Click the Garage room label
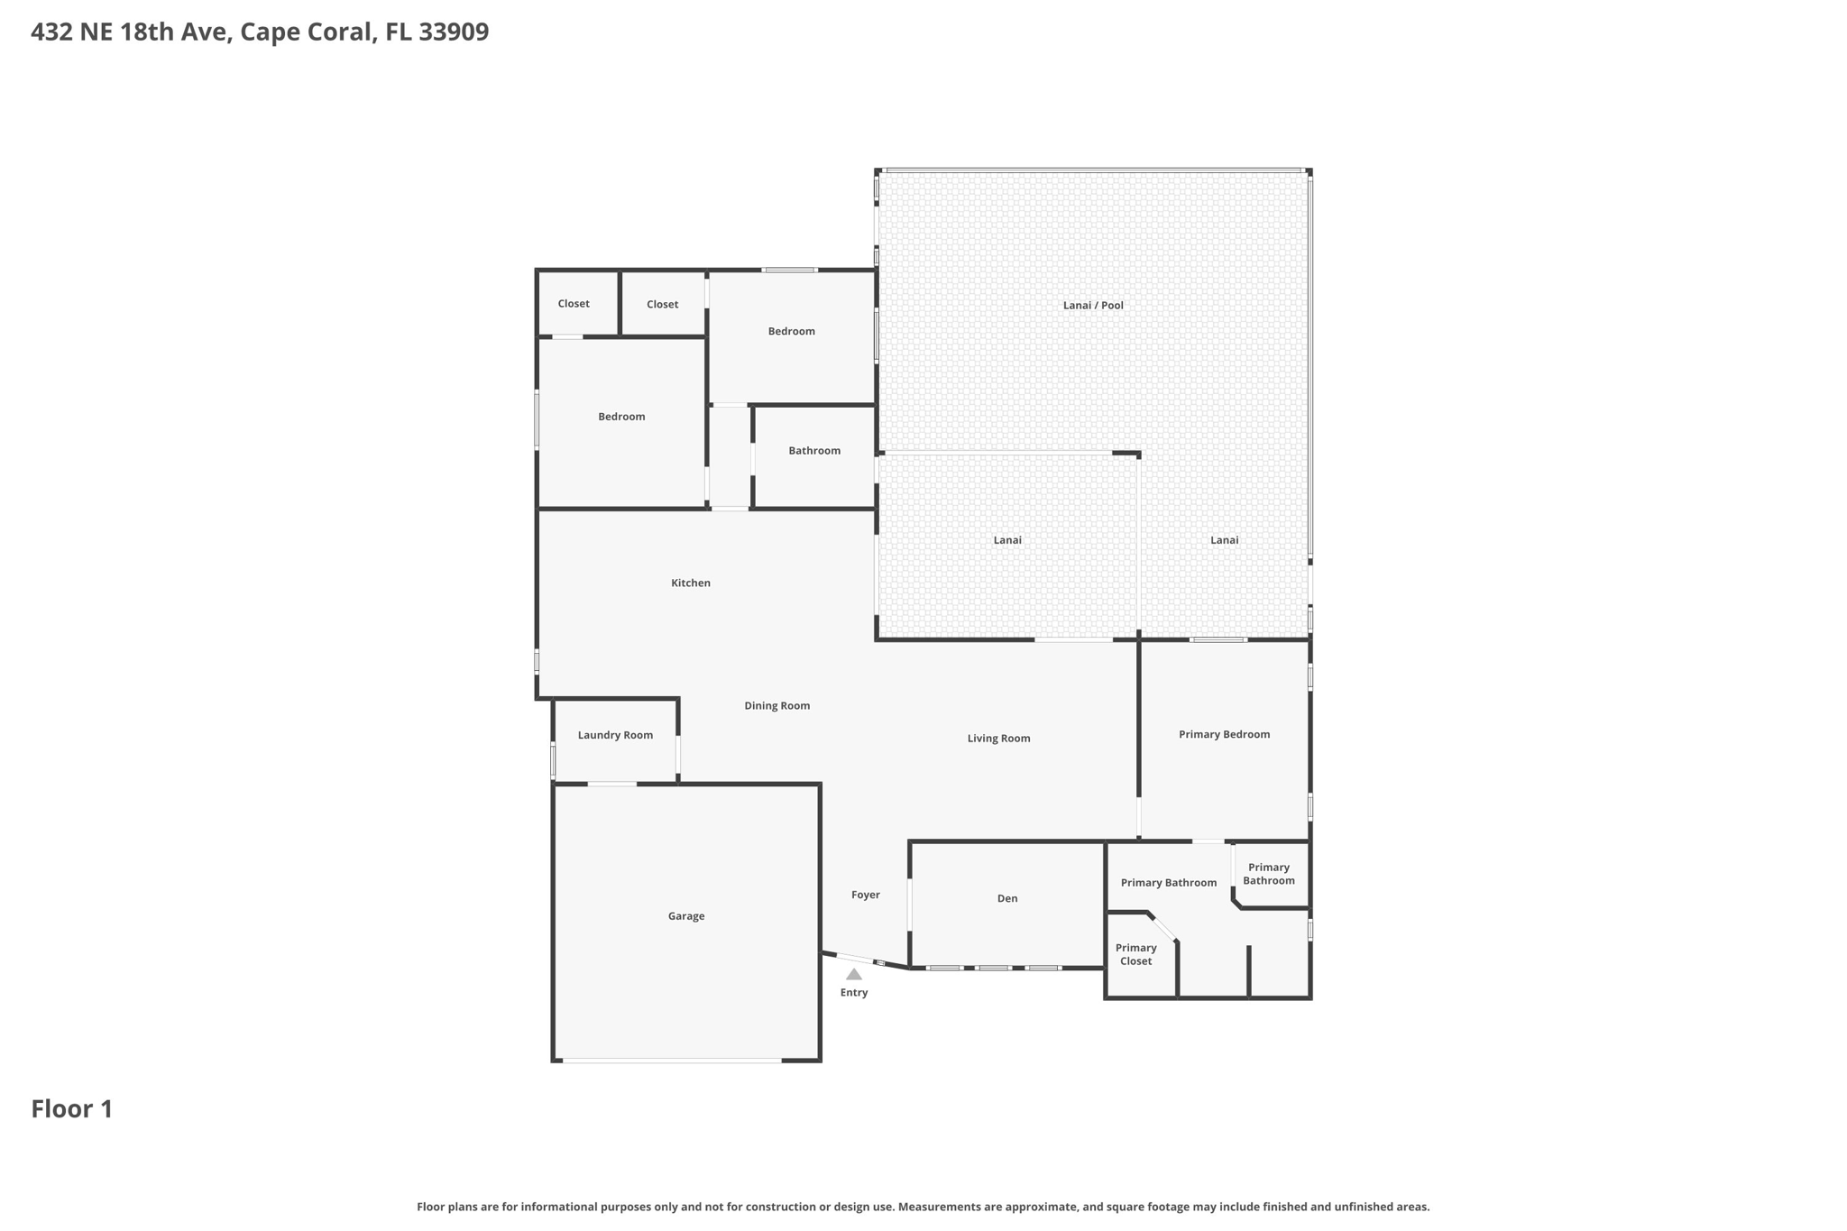[x=685, y=916]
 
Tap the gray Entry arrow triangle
[x=853, y=974]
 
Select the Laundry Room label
[x=615, y=735]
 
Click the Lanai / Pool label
[x=1093, y=306]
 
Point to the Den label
[x=1006, y=898]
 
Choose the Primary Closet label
[x=1135, y=954]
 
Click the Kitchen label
[x=690, y=583]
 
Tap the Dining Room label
[x=776, y=706]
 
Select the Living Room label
[x=998, y=739]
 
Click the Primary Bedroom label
[x=1224, y=735]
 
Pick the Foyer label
[x=865, y=895]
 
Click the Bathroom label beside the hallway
[x=813, y=451]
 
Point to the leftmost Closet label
[x=573, y=304]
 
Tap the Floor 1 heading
[x=72, y=1109]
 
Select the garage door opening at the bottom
[x=672, y=1061]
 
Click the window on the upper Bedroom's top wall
[x=789, y=270]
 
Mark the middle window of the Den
[x=994, y=968]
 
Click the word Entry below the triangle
[x=853, y=993]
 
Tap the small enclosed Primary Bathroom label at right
[x=1268, y=874]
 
